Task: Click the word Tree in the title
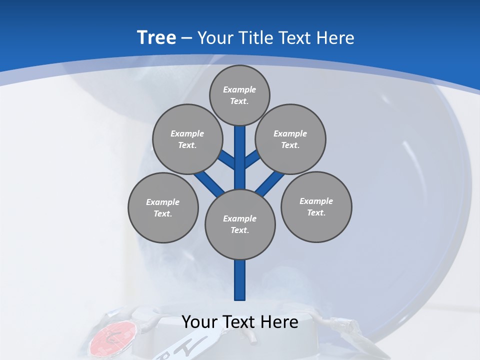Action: tap(156, 37)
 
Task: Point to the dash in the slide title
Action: tap(187, 38)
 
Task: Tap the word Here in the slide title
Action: tap(336, 38)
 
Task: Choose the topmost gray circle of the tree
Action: tap(239, 95)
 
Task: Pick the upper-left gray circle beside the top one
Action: tap(187, 139)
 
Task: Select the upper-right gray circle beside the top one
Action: tap(290, 139)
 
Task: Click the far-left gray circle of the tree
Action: tap(163, 207)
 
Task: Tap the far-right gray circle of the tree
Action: tap(316, 206)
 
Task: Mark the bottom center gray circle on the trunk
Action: tap(240, 224)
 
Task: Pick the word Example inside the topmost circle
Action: tap(239, 89)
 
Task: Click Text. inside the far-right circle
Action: tap(316, 212)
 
